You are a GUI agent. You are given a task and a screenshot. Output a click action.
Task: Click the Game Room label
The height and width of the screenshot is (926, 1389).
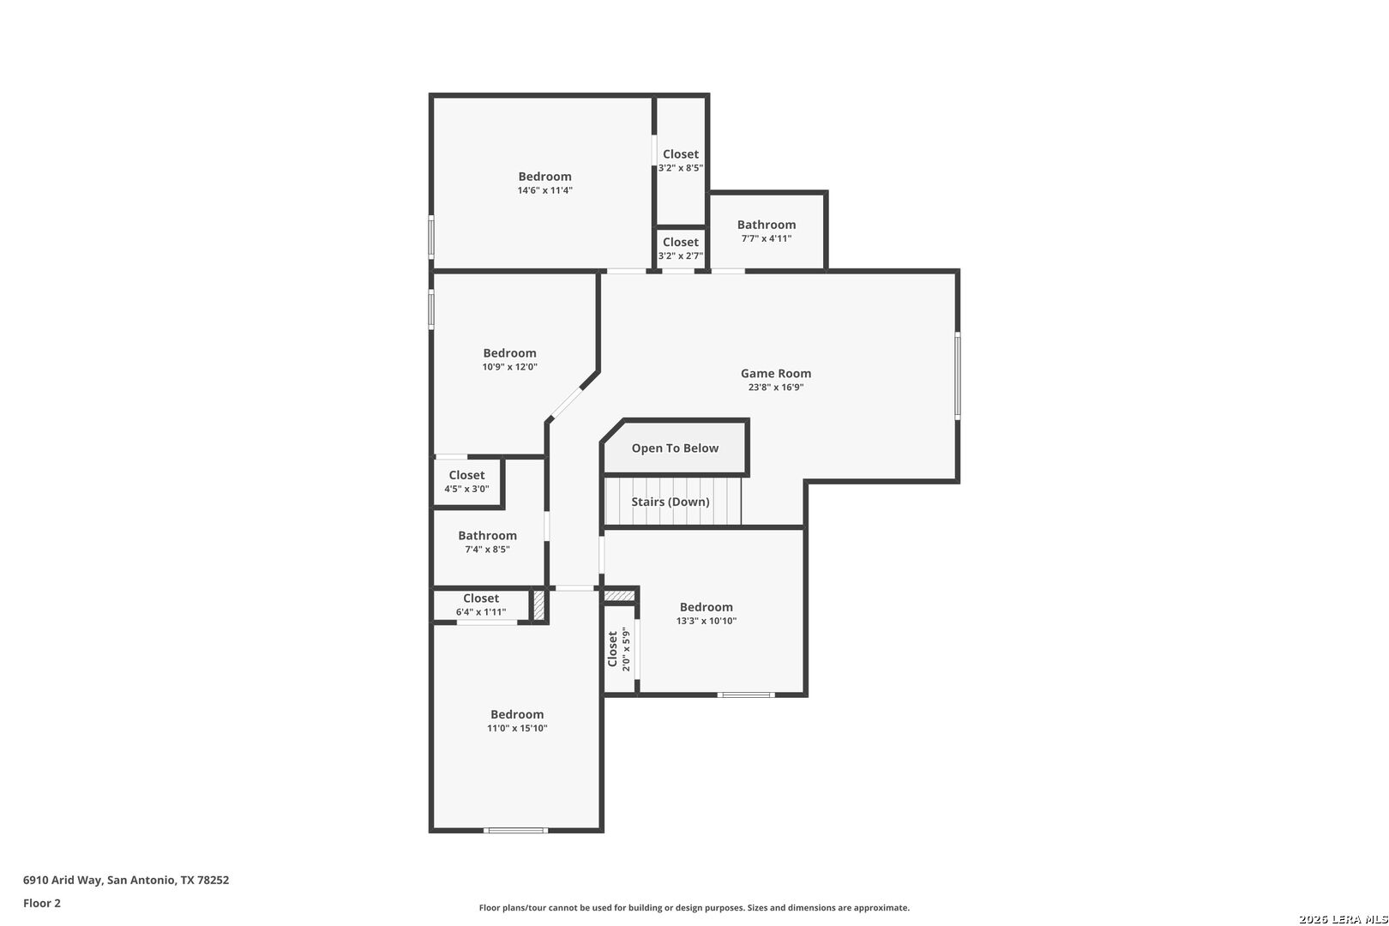776,373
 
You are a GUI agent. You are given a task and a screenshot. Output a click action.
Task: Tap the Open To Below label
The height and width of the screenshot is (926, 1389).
675,448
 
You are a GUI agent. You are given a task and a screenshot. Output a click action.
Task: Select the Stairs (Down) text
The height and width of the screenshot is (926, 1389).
670,502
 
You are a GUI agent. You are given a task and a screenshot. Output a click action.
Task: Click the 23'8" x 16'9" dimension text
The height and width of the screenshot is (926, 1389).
776,388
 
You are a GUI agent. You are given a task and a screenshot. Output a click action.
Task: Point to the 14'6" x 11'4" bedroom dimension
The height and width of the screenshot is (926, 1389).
545,190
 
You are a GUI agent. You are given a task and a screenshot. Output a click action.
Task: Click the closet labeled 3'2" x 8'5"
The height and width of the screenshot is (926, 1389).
680,160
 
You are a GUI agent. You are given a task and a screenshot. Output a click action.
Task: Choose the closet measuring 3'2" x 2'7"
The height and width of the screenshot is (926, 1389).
680,249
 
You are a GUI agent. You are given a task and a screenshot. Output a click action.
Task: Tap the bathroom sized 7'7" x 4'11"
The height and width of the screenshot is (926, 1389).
767,231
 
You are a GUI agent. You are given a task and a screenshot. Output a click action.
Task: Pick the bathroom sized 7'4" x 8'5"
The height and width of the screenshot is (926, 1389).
487,542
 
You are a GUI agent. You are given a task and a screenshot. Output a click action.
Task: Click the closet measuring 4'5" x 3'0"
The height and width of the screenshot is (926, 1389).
467,482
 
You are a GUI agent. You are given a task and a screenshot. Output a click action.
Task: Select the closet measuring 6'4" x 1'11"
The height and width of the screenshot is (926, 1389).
481,604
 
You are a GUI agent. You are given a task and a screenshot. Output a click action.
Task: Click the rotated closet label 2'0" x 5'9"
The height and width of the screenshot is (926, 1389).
619,649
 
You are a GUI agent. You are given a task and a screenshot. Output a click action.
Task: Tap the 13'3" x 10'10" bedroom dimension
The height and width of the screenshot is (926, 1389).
707,621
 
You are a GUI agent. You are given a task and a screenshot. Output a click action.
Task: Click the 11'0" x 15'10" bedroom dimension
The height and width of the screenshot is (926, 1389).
517,728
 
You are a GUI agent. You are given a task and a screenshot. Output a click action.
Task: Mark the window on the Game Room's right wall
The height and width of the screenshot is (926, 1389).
958,376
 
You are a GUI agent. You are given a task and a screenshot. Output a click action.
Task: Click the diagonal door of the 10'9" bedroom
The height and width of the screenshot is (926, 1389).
566,402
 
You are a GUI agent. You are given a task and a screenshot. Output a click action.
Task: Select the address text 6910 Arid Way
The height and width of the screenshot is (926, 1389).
62,880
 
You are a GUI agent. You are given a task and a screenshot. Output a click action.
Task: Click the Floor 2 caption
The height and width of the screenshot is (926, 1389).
42,903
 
